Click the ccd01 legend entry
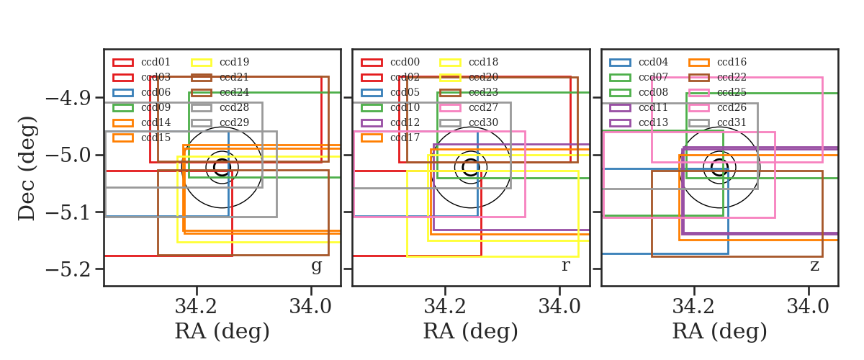tap(141, 62)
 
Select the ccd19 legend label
tap(234, 62)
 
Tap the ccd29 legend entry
tap(220, 122)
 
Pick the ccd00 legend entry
tap(390, 62)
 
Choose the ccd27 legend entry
tap(469, 108)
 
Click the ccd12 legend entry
tap(390, 122)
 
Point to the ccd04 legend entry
tap(639, 62)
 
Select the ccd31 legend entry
tap(717, 122)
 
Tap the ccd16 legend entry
tap(717, 62)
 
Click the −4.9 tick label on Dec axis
tap(68, 99)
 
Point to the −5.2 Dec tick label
tap(68, 269)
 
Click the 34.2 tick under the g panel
tap(196, 306)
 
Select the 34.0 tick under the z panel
tap(808, 306)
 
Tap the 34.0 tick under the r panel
tap(559, 306)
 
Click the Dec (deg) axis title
tap(27, 168)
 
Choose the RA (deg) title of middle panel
tap(471, 332)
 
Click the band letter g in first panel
tap(316, 266)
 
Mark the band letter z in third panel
tap(814, 266)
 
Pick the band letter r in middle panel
tap(565, 266)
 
